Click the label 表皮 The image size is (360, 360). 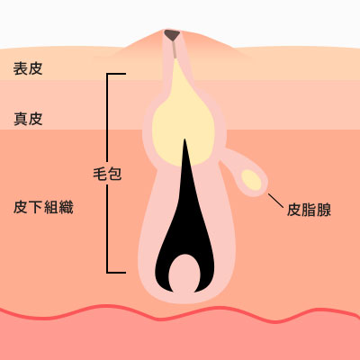point(28,68)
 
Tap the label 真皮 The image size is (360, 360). point(28,119)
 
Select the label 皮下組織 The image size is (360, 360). point(43,207)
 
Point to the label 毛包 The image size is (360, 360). point(107,174)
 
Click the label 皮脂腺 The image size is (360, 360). point(309,210)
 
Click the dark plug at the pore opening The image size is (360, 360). point(172,35)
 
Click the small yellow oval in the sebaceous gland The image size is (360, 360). point(251,180)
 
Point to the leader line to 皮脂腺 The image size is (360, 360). point(275,201)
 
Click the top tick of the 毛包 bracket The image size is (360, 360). point(116,74)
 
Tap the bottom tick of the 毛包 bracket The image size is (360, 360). point(116,273)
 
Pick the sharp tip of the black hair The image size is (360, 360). point(184,139)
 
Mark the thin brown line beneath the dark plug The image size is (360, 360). point(175,49)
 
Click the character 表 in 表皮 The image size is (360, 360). point(21,68)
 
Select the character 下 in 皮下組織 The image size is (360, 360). point(36,207)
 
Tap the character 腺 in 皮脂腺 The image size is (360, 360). point(324,210)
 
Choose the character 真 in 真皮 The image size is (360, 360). point(21,119)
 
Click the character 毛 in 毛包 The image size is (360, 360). point(100,174)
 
